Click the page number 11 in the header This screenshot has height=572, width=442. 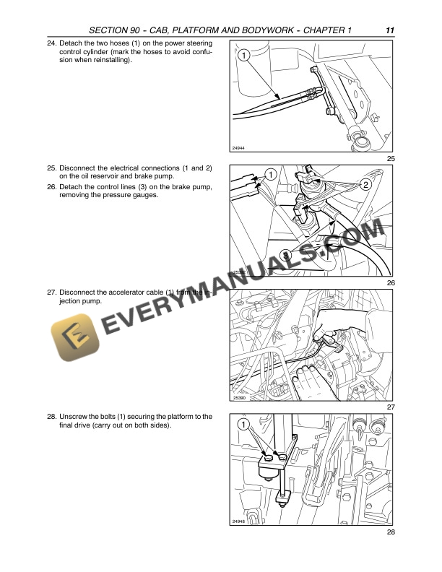pos(389,30)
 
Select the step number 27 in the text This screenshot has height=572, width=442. pos(51,292)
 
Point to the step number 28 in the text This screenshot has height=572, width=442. pos(51,416)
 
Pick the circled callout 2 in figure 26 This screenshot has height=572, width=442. pos(365,185)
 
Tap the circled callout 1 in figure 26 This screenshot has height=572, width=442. pos(270,175)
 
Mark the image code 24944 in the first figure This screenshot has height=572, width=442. pos(239,148)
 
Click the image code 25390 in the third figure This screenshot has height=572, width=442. pos(240,397)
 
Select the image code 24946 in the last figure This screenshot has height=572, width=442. pos(239,521)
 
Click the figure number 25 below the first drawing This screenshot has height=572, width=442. pos(391,159)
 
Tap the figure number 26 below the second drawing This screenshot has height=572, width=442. pos(391,282)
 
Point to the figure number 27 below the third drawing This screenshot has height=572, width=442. pos(391,408)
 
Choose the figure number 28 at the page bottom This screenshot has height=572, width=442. pos(391,532)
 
